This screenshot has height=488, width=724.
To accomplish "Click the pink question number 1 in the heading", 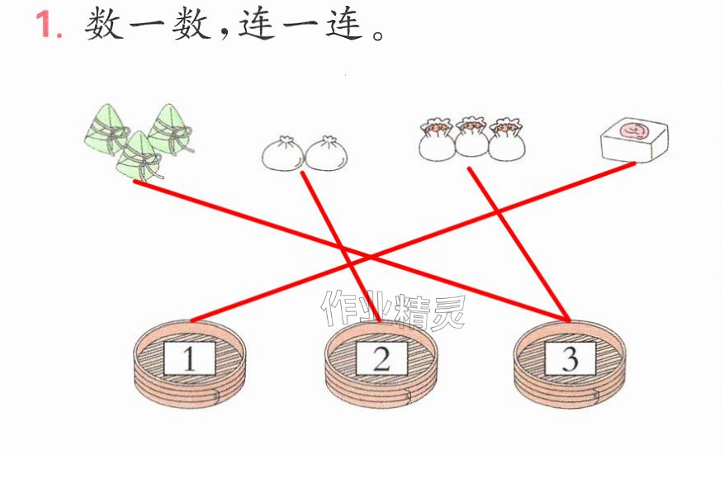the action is coord(48,24).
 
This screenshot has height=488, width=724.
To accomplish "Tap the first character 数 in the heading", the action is coord(104,24).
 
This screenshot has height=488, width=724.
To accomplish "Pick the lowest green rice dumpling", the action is coord(139,157).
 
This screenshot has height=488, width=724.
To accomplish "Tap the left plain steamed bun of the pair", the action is coord(282,154).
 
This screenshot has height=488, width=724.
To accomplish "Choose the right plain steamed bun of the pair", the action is coord(326,154).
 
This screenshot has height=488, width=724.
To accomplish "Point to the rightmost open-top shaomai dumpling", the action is coord(507,139).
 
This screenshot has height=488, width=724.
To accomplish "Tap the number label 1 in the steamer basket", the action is coord(190,359).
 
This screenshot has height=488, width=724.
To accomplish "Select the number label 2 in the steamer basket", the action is coord(381,359).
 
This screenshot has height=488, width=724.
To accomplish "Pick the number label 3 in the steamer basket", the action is coord(570,358).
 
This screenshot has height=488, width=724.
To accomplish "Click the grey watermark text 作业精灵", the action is coord(394,310).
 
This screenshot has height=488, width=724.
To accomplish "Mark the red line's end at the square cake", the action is coord(634,163).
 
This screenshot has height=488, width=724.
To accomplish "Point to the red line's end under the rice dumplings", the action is coord(135,182).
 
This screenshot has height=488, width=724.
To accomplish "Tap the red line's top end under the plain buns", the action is coord(302,173).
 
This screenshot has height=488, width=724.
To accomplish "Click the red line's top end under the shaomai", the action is coord(469,168).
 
